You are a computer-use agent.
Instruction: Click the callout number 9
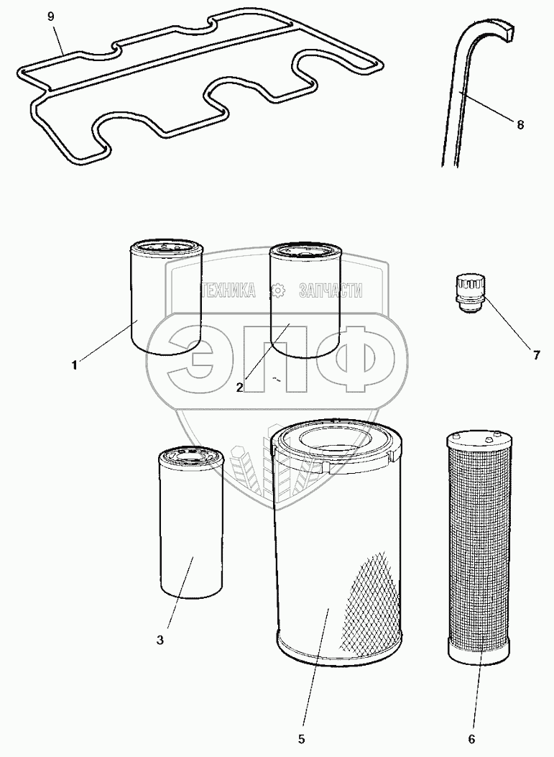(x=51, y=17)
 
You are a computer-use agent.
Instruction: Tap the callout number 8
(x=520, y=124)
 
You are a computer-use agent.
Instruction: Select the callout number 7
(x=536, y=355)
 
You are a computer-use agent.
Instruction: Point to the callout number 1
(x=74, y=365)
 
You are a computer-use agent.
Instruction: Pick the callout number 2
(x=239, y=387)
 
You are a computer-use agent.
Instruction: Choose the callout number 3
(x=160, y=640)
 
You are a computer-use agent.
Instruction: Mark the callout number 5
(x=302, y=739)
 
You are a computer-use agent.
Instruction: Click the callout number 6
(x=471, y=739)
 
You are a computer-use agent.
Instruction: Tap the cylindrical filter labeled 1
(x=167, y=300)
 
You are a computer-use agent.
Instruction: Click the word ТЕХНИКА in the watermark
(x=228, y=290)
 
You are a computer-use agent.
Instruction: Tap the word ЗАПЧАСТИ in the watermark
(x=331, y=290)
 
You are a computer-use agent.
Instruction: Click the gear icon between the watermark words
(x=278, y=290)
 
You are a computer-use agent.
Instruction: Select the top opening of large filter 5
(x=336, y=440)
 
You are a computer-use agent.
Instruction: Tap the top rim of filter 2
(x=305, y=252)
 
